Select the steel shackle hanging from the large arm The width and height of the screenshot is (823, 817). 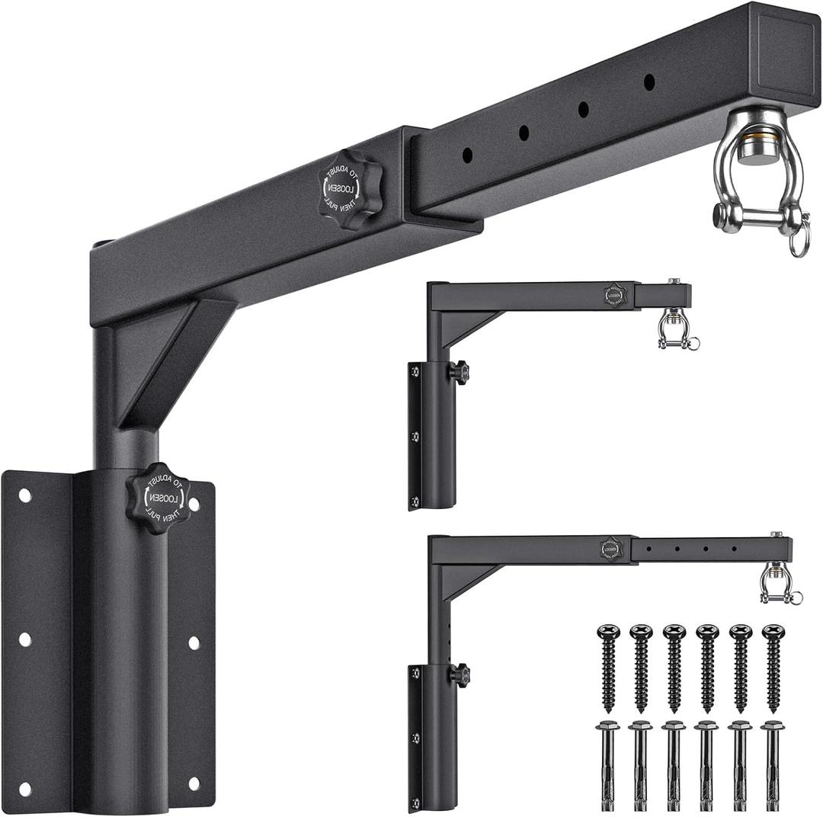pyautogui.click(x=757, y=182)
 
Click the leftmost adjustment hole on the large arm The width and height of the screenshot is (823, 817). pyautogui.click(x=468, y=155)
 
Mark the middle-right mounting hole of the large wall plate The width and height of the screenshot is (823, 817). pyautogui.click(x=193, y=642)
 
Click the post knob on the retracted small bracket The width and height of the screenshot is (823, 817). pyautogui.click(x=459, y=373)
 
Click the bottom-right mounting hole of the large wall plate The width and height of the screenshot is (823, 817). pyautogui.click(x=193, y=783)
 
